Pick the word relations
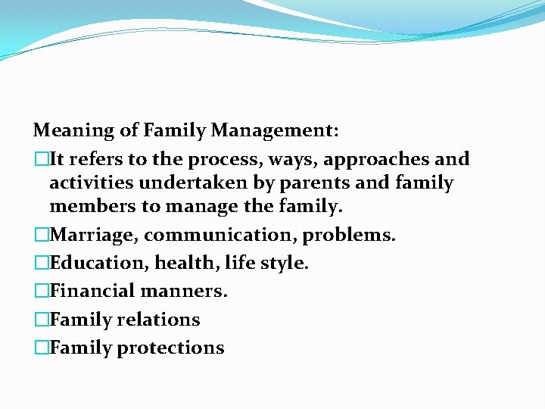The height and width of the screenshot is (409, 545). pyautogui.click(x=158, y=320)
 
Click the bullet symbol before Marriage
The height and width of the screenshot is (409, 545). pyautogui.click(x=41, y=235)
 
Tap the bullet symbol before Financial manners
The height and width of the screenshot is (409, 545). pyautogui.click(x=41, y=291)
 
